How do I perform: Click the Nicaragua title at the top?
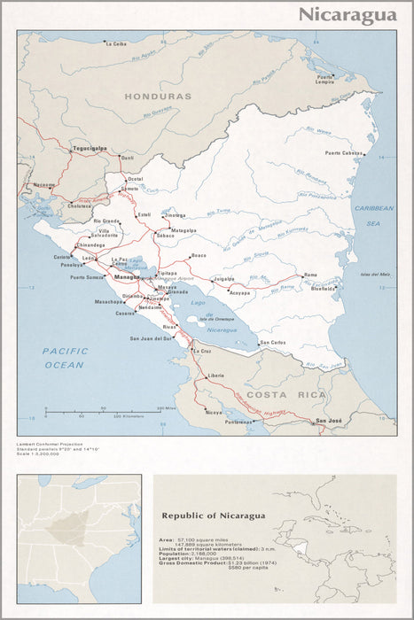pos(347,14)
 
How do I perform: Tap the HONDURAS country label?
pos(158,96)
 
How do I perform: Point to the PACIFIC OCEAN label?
pos(65,358)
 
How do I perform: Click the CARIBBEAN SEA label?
pos(373,213)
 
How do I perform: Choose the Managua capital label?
pos(127,277)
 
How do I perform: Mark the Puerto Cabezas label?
pos(344,153)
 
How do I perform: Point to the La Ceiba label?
pos(116,43)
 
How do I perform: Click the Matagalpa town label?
pos(184,229)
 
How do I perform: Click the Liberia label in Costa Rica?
pos(215,376)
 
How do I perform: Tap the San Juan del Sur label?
pos(151,338)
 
